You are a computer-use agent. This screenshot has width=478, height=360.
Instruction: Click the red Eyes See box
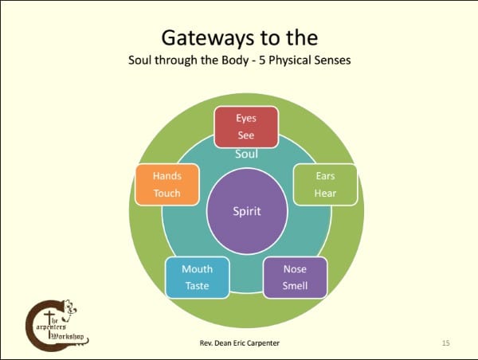point(246,126)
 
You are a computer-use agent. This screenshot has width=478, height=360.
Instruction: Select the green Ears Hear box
point(325,184)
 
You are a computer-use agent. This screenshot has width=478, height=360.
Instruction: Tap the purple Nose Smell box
point(295,277)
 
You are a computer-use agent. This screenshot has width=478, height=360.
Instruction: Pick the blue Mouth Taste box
point(197,277)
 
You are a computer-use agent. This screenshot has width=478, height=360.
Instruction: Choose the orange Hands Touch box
point(167,184)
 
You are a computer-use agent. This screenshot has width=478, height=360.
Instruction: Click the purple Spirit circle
point(247,211)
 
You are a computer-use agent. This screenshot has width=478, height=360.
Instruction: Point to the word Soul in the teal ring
point(246,154)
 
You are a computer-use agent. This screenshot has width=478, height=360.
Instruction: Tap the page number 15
point(446,342)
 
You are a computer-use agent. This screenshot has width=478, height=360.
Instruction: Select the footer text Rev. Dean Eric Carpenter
point(241,342)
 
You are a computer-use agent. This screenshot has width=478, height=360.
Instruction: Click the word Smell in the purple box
point(295,286)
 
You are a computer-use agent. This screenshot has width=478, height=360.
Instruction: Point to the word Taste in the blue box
point(197,286)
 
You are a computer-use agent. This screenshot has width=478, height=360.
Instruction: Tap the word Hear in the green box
point(325,193)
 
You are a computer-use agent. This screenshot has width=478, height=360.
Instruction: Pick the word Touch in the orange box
point(167,193)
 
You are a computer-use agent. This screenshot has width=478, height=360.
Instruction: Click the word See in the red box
point(246,135)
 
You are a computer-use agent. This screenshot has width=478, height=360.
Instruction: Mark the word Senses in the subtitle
point(332,61)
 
